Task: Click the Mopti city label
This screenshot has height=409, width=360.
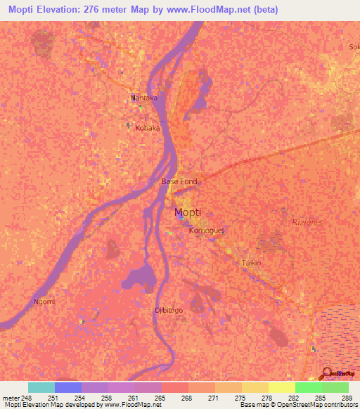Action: [187, 212]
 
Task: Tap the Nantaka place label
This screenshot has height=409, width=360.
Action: [144, 98]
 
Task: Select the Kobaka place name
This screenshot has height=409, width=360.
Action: [148, 129]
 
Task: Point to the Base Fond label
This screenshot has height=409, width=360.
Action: [179, 181]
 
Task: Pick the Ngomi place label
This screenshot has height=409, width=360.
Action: [44, 301]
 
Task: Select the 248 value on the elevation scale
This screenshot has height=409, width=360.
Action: [25, 398]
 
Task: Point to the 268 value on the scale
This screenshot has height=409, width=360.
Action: [189, 398]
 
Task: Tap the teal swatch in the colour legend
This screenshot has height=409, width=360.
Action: [41, 387]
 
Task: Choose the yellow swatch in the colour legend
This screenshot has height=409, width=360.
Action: [281, 387]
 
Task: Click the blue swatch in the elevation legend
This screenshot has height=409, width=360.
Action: [67, 387]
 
